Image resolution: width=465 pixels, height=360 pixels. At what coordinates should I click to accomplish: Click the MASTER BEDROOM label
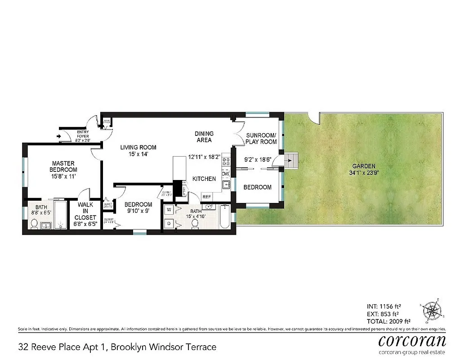63,166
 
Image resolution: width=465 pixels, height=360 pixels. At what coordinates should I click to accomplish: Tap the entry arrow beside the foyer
59,135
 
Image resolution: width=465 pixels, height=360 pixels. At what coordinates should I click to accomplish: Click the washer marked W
169,209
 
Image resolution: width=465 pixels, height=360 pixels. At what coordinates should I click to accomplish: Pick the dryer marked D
169,223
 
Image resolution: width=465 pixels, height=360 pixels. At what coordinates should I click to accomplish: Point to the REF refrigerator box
207,197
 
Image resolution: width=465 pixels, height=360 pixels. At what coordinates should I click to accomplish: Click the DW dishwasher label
226,174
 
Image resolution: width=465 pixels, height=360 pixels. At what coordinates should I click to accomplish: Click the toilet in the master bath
34,224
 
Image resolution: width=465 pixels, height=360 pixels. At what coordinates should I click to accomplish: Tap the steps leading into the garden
292,159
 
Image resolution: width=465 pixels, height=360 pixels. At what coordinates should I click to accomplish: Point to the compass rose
434,311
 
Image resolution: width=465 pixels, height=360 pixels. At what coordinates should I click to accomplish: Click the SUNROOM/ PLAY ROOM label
261,138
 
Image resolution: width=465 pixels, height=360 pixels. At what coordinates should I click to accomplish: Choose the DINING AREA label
204,137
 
